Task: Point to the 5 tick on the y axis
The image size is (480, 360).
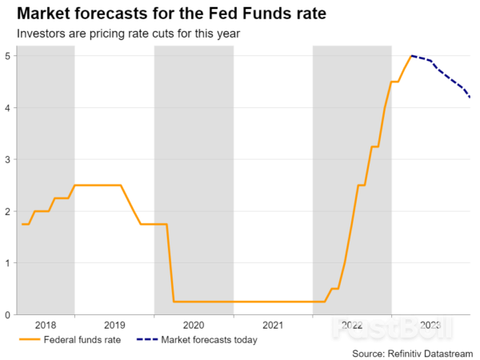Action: [x=6, y=56]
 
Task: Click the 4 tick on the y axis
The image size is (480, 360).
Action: [x=6, y=108]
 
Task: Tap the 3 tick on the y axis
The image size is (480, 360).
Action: [x=6, y=160]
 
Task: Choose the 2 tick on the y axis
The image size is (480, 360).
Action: [x=6, y=211]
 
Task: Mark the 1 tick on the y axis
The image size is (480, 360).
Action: [x=6, y=263]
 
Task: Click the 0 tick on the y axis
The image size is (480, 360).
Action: [x=6, y=315]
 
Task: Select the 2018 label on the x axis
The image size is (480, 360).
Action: [x=46, y=326]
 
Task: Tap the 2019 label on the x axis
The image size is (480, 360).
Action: [x=114, y=326]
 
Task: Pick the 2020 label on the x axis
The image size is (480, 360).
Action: [x=194, y=326]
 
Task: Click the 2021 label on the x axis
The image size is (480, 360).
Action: [x=273, y=326]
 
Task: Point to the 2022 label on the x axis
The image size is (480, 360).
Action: [x=352, y=326]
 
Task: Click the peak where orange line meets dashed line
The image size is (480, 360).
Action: [x=411, y=56]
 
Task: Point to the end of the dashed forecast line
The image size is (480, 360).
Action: [x=470, y=98]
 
